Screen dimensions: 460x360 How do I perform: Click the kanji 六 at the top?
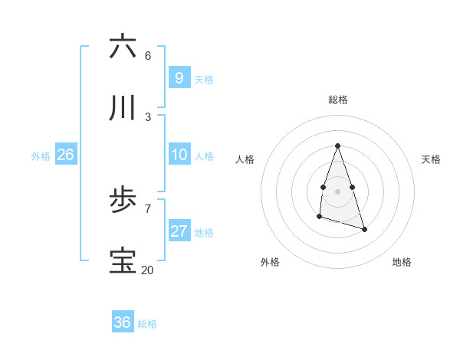coord(123,47)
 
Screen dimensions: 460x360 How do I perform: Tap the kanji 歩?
coord(123,200)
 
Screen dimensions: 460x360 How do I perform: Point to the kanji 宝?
coord(123,261)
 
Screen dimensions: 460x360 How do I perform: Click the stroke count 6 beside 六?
coord(148,55)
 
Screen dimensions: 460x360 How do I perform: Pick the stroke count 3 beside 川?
coord(148,116)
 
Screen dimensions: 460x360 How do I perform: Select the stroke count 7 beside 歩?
coord(148,208)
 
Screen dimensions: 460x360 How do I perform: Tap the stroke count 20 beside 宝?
coord(148,270)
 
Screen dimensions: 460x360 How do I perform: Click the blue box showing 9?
coord(179,78)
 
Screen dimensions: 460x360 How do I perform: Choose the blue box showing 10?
coord(179,155)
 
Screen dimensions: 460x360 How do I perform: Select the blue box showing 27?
coord(179,231)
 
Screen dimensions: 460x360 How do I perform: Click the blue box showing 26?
coord(65,155)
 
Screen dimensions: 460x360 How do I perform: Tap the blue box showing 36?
coord(122,322)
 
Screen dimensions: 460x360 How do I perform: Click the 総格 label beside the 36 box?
coord(147,324)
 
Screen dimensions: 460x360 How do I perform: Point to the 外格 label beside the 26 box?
coord(41,156)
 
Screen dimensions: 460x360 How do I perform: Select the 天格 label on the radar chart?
coord(431,159)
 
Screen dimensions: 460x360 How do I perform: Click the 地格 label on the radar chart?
coord(402,262)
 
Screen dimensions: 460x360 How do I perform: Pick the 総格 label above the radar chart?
coord(337,100)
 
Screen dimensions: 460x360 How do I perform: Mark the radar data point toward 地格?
coord(364,229)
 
